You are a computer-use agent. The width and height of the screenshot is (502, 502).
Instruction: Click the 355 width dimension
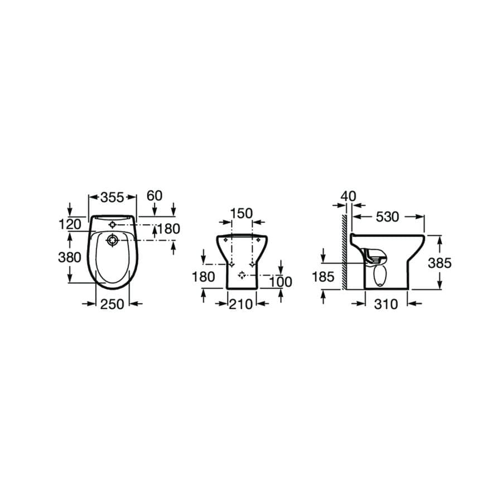click(112, 197)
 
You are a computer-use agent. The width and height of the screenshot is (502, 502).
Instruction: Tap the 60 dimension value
click(155, 196)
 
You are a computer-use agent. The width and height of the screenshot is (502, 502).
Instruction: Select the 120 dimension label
click(70, 224)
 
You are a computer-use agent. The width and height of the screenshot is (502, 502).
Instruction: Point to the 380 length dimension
click(70, 257)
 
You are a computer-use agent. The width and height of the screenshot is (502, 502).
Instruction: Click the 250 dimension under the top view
click(112, 304)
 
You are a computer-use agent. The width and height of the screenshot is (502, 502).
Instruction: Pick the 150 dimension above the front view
click(242, 213)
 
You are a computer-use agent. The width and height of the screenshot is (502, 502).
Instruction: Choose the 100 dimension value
click(281, 282)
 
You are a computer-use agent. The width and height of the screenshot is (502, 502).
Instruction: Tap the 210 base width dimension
click(241, 304)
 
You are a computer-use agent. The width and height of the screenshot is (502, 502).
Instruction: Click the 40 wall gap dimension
click(348, 196)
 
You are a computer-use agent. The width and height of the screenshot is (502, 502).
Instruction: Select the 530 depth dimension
click(388, 217)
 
